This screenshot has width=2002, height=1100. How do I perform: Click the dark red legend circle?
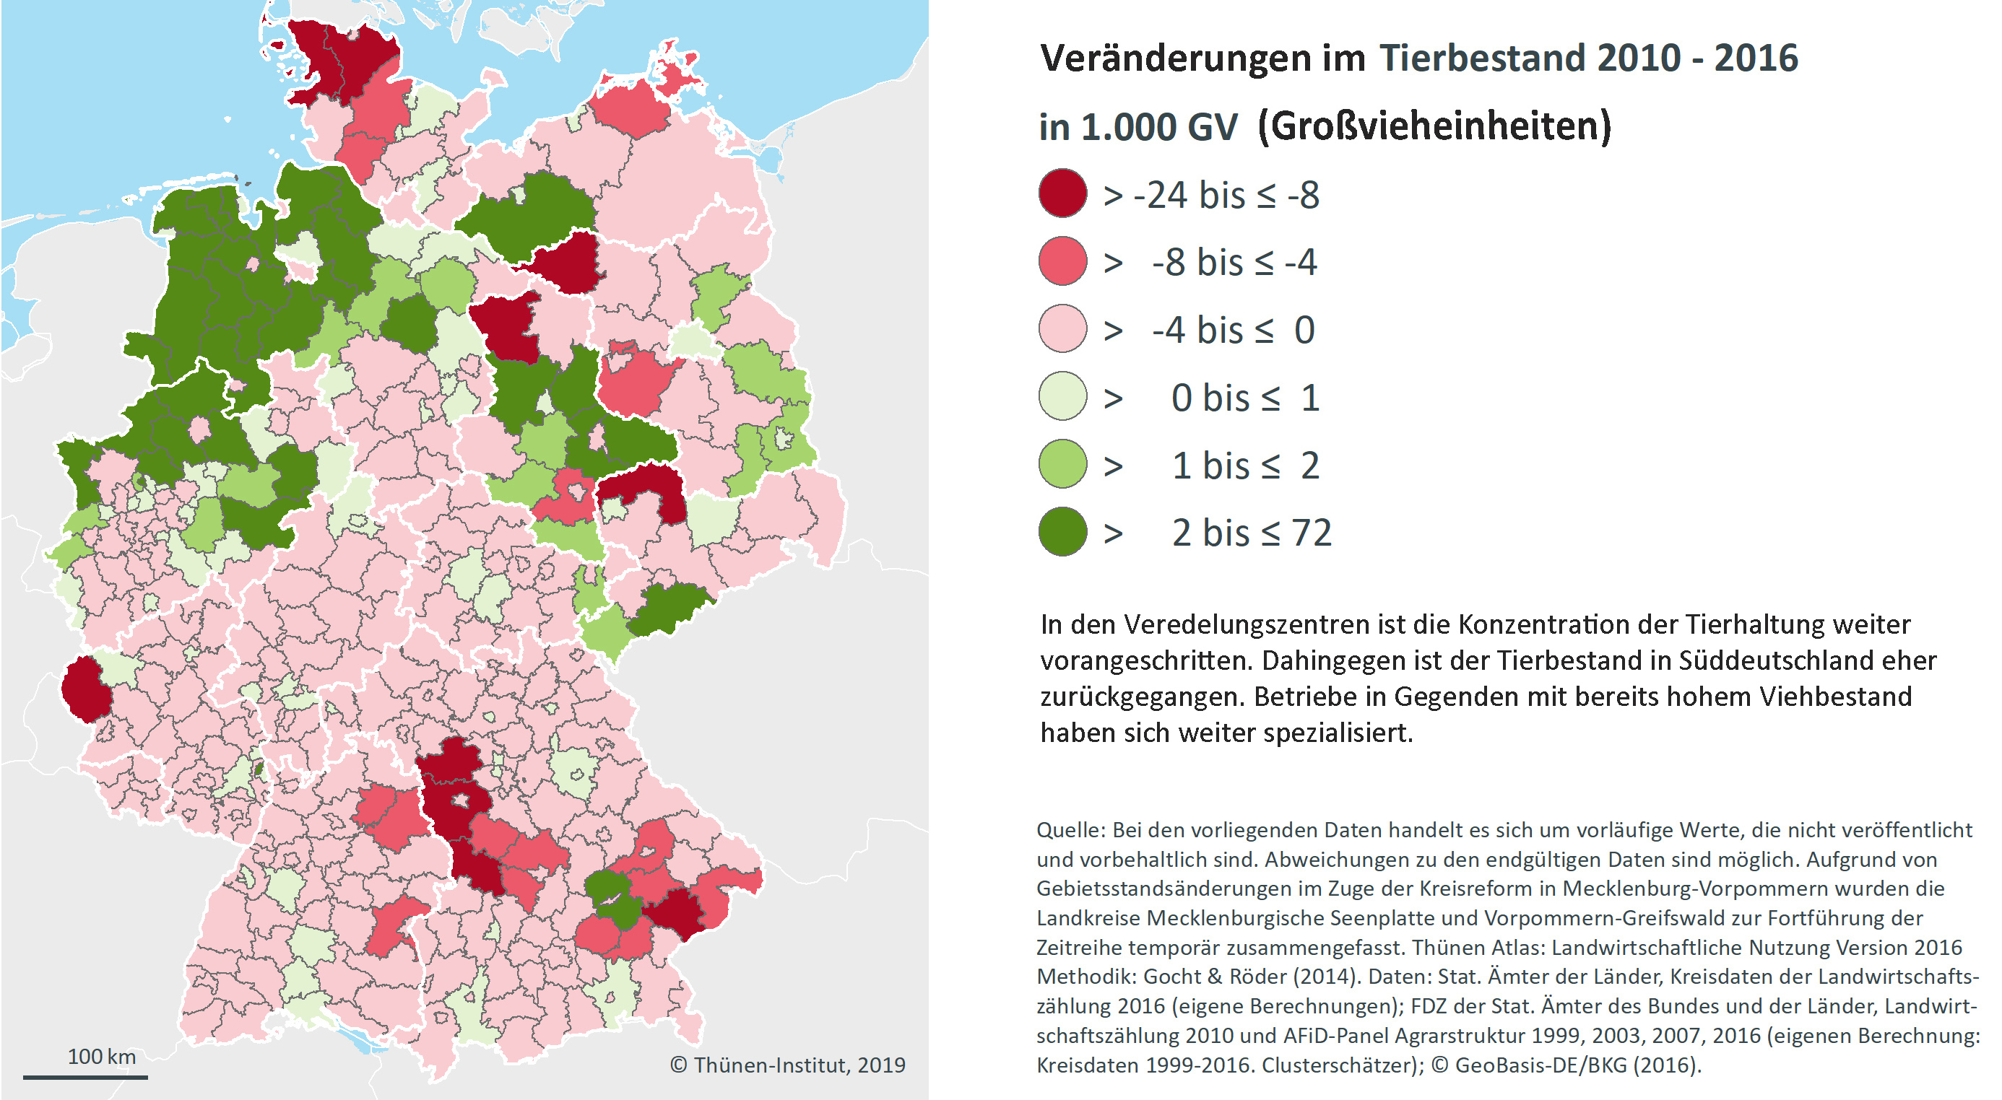click(1062, 193)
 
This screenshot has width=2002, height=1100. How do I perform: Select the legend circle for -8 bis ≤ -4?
click(1062, 261)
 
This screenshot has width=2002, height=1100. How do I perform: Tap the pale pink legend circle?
click(1062, 328)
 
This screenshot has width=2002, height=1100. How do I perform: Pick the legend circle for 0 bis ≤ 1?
click(1062, 396)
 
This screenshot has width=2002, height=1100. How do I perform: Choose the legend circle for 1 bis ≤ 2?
click(1062, 465)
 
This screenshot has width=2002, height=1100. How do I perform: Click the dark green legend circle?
click(1062, 532)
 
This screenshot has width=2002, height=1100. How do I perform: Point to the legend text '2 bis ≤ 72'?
click(1251, 533)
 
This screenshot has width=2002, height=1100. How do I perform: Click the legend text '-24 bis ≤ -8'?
click(1226, 194)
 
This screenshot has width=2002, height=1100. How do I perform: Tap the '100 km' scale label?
click(101, 1057)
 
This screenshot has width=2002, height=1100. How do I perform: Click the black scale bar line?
click(85, 1077)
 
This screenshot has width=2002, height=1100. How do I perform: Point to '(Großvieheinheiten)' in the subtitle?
click(1434, 126)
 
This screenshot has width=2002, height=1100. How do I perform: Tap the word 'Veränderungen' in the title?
click(1202, 58)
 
